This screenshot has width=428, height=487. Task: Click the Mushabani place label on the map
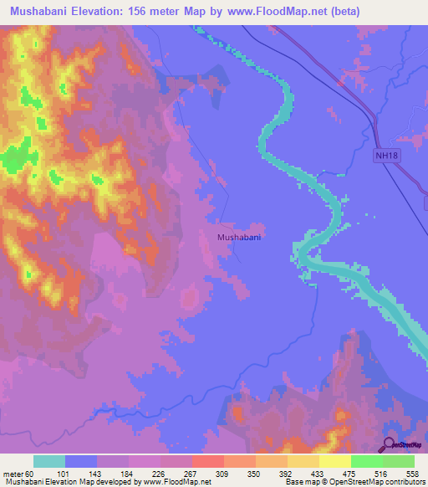239,238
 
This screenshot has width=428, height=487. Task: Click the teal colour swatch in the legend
49,461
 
